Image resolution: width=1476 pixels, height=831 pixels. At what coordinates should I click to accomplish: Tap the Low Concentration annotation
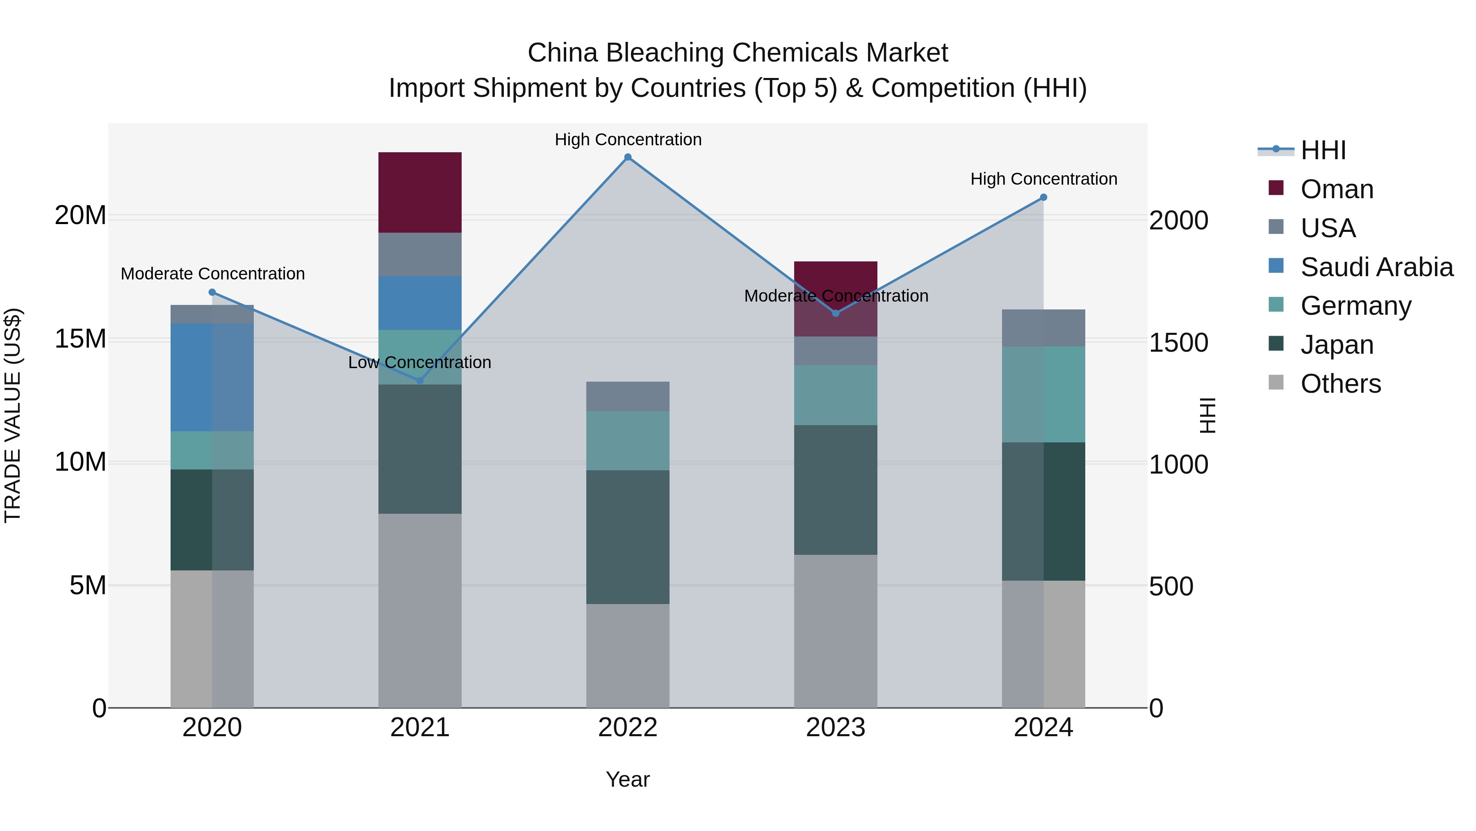419,362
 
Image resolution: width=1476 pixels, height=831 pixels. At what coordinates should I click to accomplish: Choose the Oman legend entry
1336,189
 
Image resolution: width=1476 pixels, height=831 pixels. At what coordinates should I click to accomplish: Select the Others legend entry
1340,384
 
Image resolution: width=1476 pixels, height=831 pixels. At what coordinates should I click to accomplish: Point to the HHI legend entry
1322,150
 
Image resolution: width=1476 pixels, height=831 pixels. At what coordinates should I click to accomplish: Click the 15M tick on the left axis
80,339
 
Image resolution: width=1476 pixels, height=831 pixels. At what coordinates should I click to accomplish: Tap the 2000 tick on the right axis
1179,220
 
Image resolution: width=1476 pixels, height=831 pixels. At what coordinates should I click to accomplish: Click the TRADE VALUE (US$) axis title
13,415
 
